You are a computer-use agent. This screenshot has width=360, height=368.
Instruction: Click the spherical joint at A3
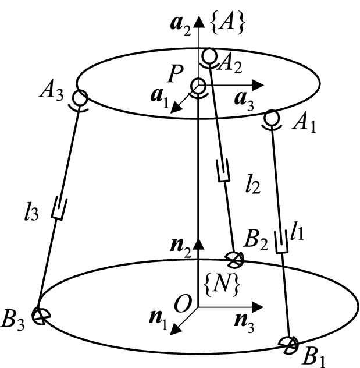coord(80,97)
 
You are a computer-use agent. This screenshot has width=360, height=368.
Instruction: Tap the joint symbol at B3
coord(40,316)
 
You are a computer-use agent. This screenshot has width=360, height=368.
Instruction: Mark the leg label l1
coord(298,233)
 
